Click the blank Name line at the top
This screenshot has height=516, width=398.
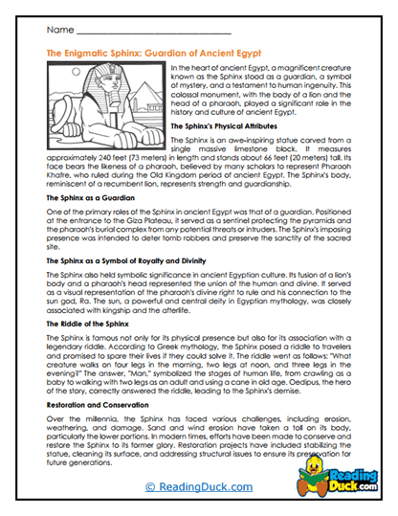[144, 33]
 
